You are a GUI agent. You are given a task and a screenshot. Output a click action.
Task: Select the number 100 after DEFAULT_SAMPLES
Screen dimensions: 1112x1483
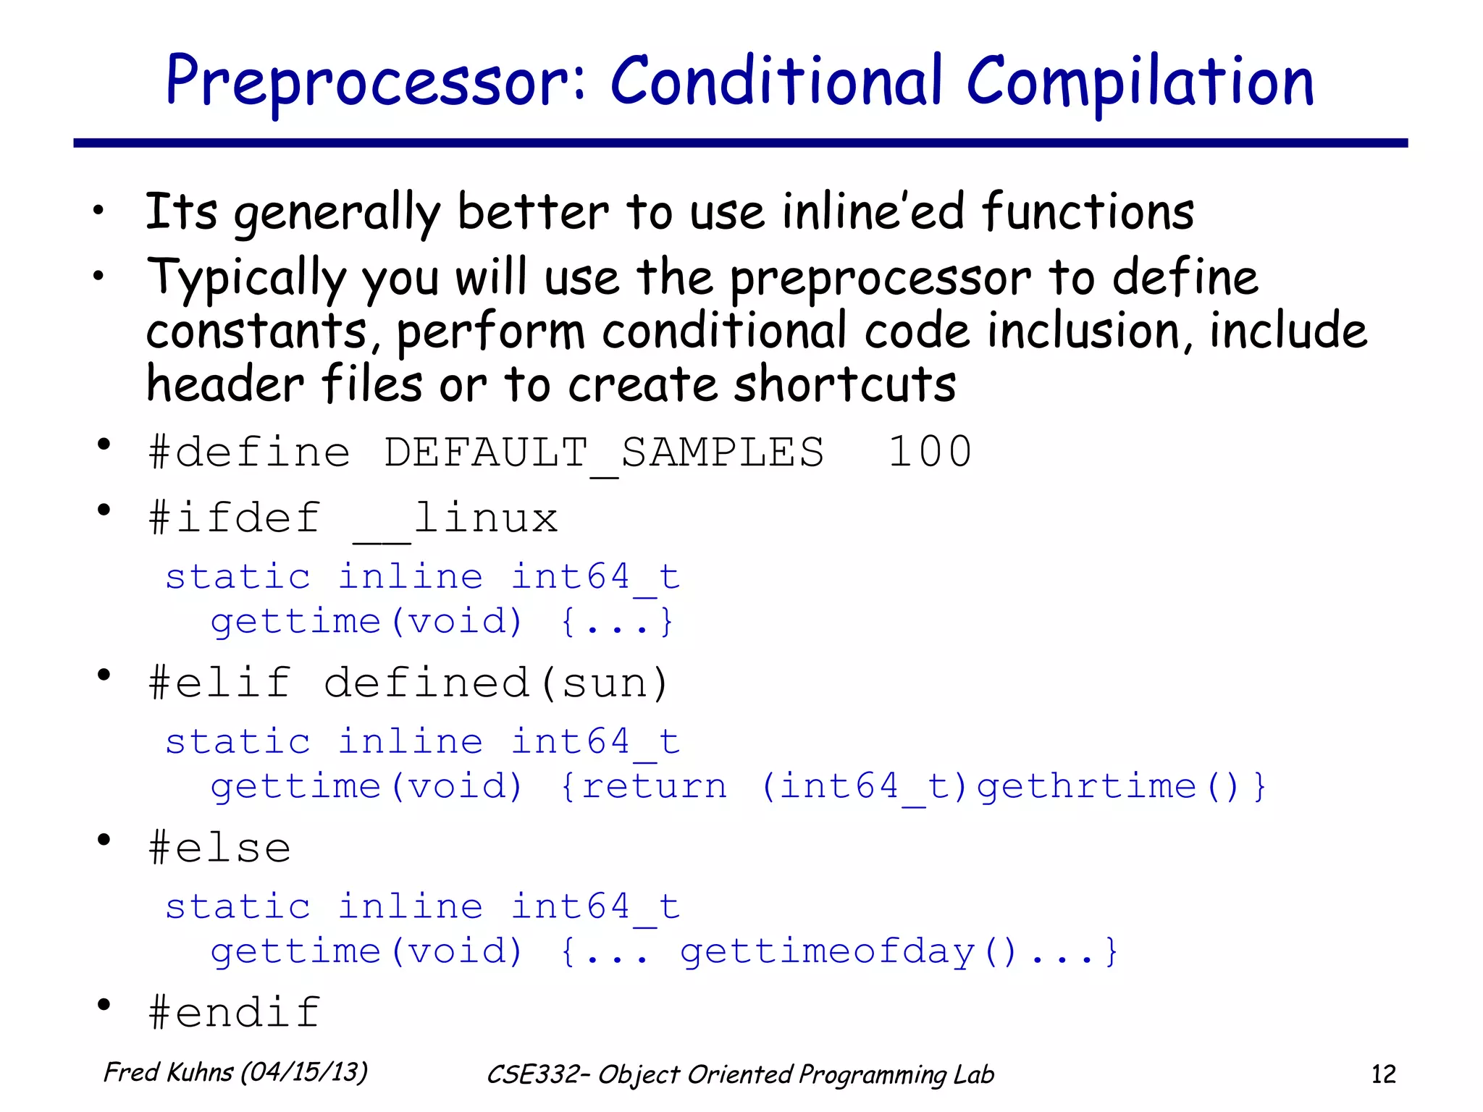coord(930,452)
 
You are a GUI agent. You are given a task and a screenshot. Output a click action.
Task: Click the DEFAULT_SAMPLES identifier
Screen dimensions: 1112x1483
coord(604,453)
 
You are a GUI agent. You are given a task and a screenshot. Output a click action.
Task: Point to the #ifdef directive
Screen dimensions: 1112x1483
coord(234,518)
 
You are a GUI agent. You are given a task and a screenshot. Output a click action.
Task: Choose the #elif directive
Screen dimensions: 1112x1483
coord(220,683)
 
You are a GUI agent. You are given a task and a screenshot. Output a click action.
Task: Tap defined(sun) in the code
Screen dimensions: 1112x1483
coord(497,683)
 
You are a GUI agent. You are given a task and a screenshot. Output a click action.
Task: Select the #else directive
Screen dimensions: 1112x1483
coord(219,848)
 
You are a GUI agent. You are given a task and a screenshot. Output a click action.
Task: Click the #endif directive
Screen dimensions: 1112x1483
coord(234,1012)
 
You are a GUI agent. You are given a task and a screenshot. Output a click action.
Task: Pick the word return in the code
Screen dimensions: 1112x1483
coord(655,787)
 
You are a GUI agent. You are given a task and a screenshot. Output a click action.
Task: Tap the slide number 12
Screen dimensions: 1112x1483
coord(1383,1074)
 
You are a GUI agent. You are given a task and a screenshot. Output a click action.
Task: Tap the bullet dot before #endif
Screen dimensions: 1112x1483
coord(104,1005)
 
